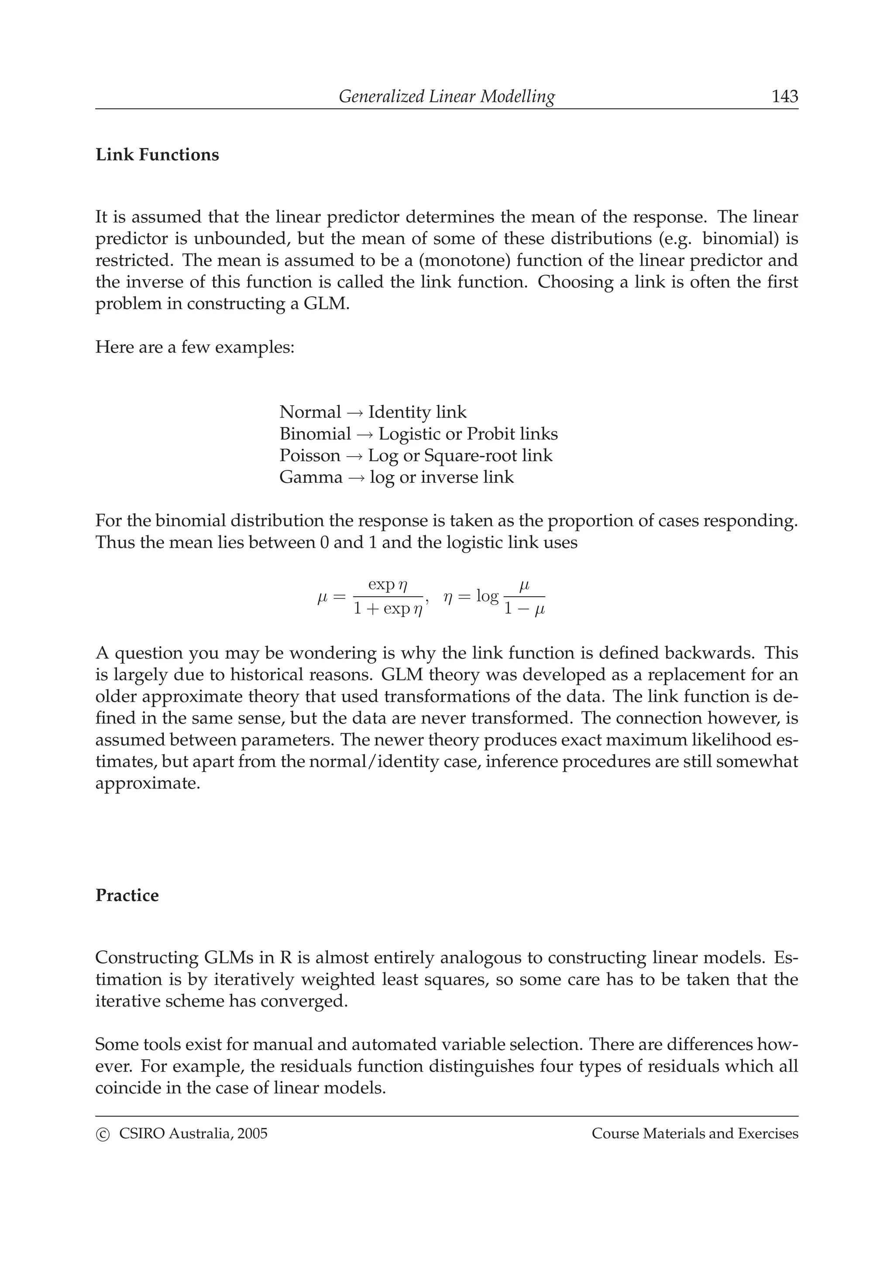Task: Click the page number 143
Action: pyautogui.click(x=784, y=97)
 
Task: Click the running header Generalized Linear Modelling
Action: pyautogui.click(x=446, y=97)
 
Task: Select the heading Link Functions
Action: pyautogui.click(x=157, y=155)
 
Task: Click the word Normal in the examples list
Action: pyautogui.click(x=310, y=412)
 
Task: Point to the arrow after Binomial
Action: pyautogui.click(x=364, y=434)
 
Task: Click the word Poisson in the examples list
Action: pyautogui.click(x=309, y=456)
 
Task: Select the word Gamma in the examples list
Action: pyautogui.click(x=311, y=477)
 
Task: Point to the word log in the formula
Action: pyautogui.click(x=487, y=596)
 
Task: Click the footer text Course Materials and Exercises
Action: pyautogui.click(x=695, y=1134)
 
